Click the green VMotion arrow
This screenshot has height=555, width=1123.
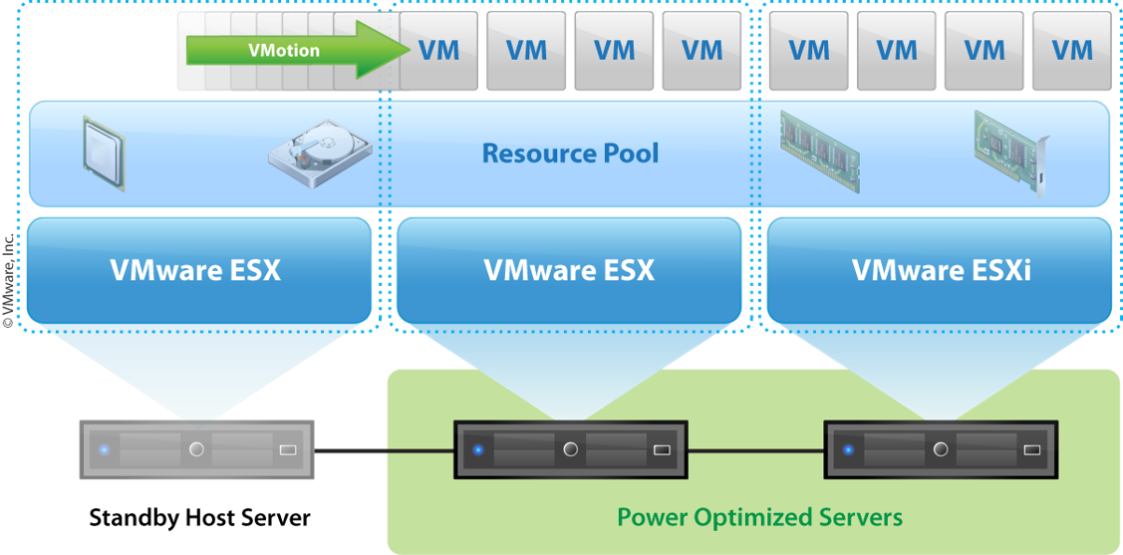click(299, 50)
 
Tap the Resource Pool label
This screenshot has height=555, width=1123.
click(570, 153)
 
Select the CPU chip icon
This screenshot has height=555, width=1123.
click(102, 153)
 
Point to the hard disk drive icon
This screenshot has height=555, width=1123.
click(319, 154)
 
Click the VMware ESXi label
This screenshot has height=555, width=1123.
click(941, 270)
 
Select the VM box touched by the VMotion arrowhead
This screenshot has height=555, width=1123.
click(439, 50)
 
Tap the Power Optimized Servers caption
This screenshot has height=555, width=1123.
click(759, 517)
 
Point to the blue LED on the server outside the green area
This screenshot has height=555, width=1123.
click(104, 450)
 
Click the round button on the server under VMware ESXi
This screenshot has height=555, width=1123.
click(941, 450)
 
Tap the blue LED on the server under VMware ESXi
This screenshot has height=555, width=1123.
click(848, 450)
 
